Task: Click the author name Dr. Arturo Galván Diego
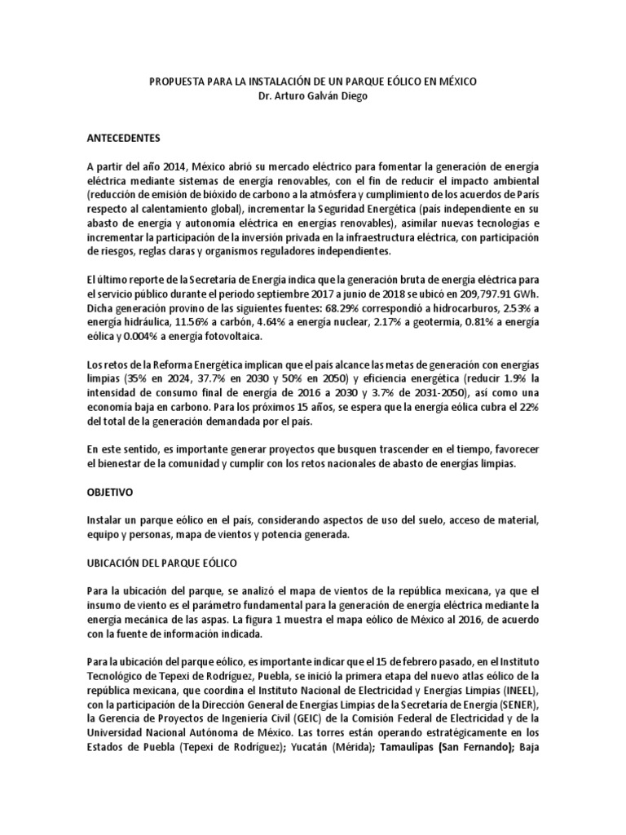[x=312, y=97]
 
